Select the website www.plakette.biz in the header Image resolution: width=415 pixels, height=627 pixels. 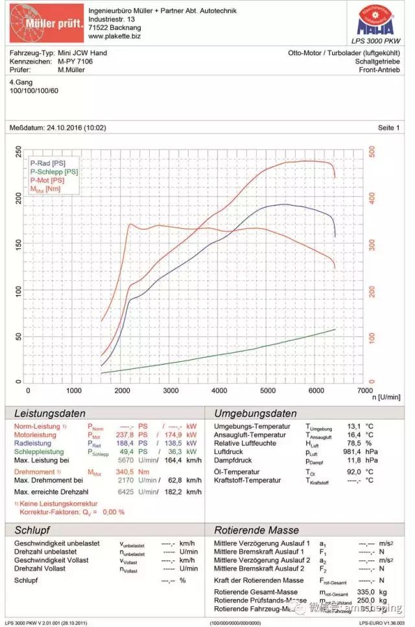click(x=115, y=36)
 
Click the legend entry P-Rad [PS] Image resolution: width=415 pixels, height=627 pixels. click(x=47, y=163)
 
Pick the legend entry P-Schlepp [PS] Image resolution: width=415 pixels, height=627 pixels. click(x=53, y=172)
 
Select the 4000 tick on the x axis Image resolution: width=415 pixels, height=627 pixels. click(x=219, y=391)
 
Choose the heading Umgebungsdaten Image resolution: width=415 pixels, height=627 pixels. click(x=255, y=414)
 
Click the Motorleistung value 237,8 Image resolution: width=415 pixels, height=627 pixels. click(x=124, y=435)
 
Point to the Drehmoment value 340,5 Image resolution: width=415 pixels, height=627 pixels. click(x=124, y=472)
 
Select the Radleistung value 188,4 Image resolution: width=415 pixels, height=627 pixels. click(x=124, y=444)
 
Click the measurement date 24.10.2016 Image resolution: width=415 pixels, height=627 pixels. click(x=65, y=128)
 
